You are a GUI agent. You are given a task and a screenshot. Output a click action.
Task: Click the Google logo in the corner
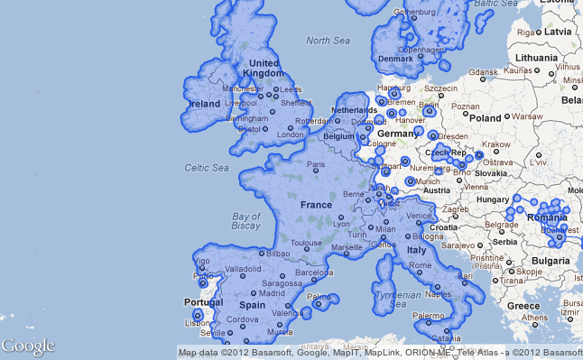[28, 346]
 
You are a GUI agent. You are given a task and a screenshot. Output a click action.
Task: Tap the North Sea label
[328, 41]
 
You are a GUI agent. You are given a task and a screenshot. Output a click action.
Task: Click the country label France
[317, 205]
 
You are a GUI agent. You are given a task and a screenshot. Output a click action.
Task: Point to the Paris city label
[316, 164]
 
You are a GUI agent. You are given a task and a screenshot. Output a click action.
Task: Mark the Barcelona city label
[314, 272]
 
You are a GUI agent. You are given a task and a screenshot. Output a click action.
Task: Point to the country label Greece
[523, 306]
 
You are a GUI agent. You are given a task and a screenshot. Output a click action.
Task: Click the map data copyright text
[380, 353]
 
